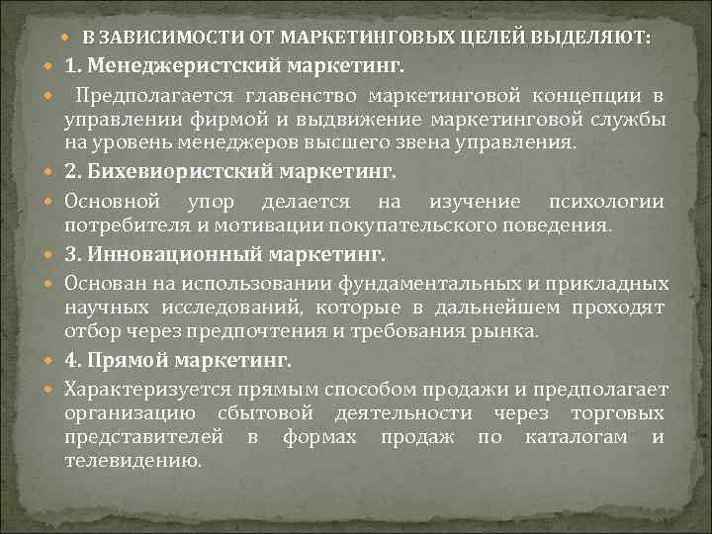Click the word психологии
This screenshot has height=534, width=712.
click(x=604, y=202)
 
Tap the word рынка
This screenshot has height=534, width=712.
click(x=513, y=330)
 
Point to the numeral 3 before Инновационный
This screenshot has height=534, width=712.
click(x=70, y=254)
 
